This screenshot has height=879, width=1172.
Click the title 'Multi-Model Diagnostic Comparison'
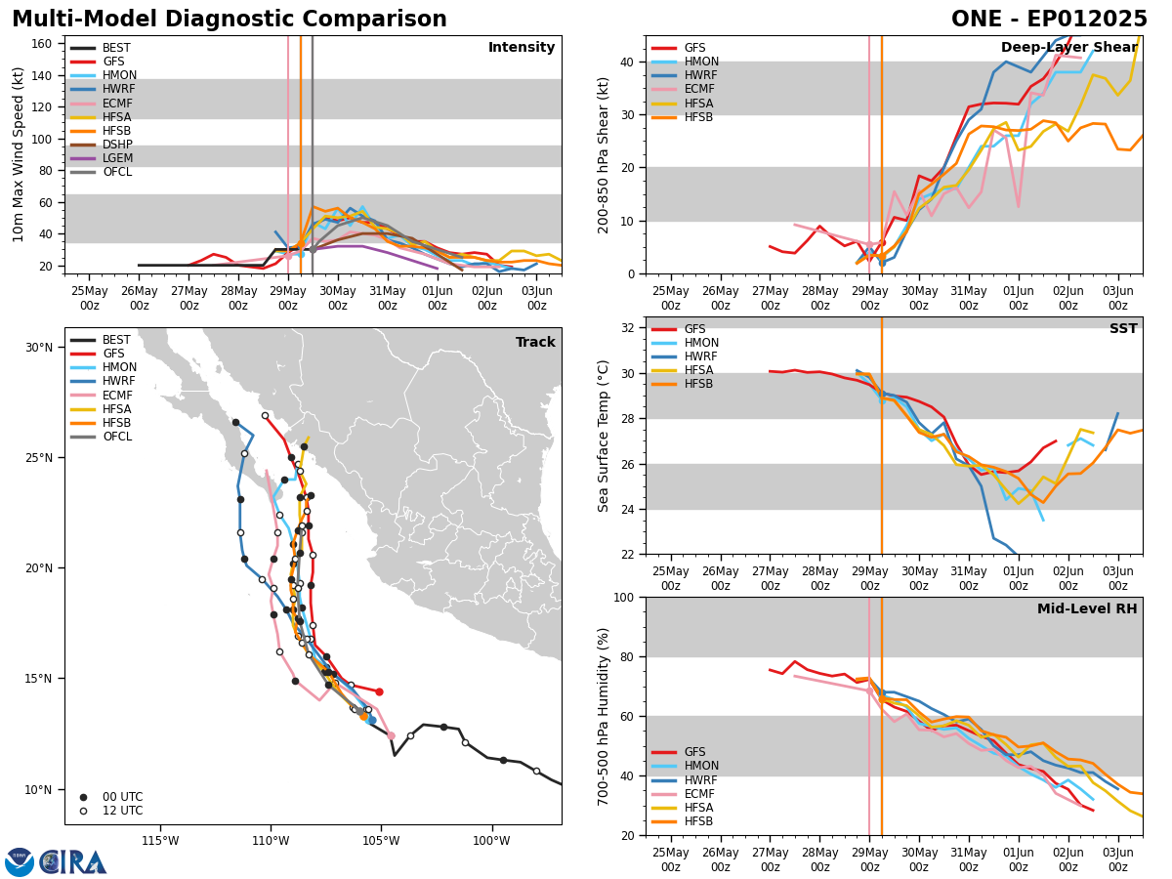[x=230, y=20]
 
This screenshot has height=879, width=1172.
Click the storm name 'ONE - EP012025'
[x=1049, y=20]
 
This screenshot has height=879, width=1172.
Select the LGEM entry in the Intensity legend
[x=117, y=158]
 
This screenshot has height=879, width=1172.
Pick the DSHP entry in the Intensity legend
[x=117, y=145]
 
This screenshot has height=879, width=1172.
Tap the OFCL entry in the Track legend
[x=117, y=437]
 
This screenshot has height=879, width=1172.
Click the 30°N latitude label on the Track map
[x=39, y=348]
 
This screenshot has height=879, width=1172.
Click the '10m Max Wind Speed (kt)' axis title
[x=18, y=154]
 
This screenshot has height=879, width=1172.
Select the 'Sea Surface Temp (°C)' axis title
[x=605, y=436]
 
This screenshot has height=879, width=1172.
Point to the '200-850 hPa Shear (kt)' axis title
[x=605, y=154]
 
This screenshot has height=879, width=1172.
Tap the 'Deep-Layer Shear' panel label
[x=1068, y=48]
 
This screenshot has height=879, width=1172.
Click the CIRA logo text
[x=73, y=862]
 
